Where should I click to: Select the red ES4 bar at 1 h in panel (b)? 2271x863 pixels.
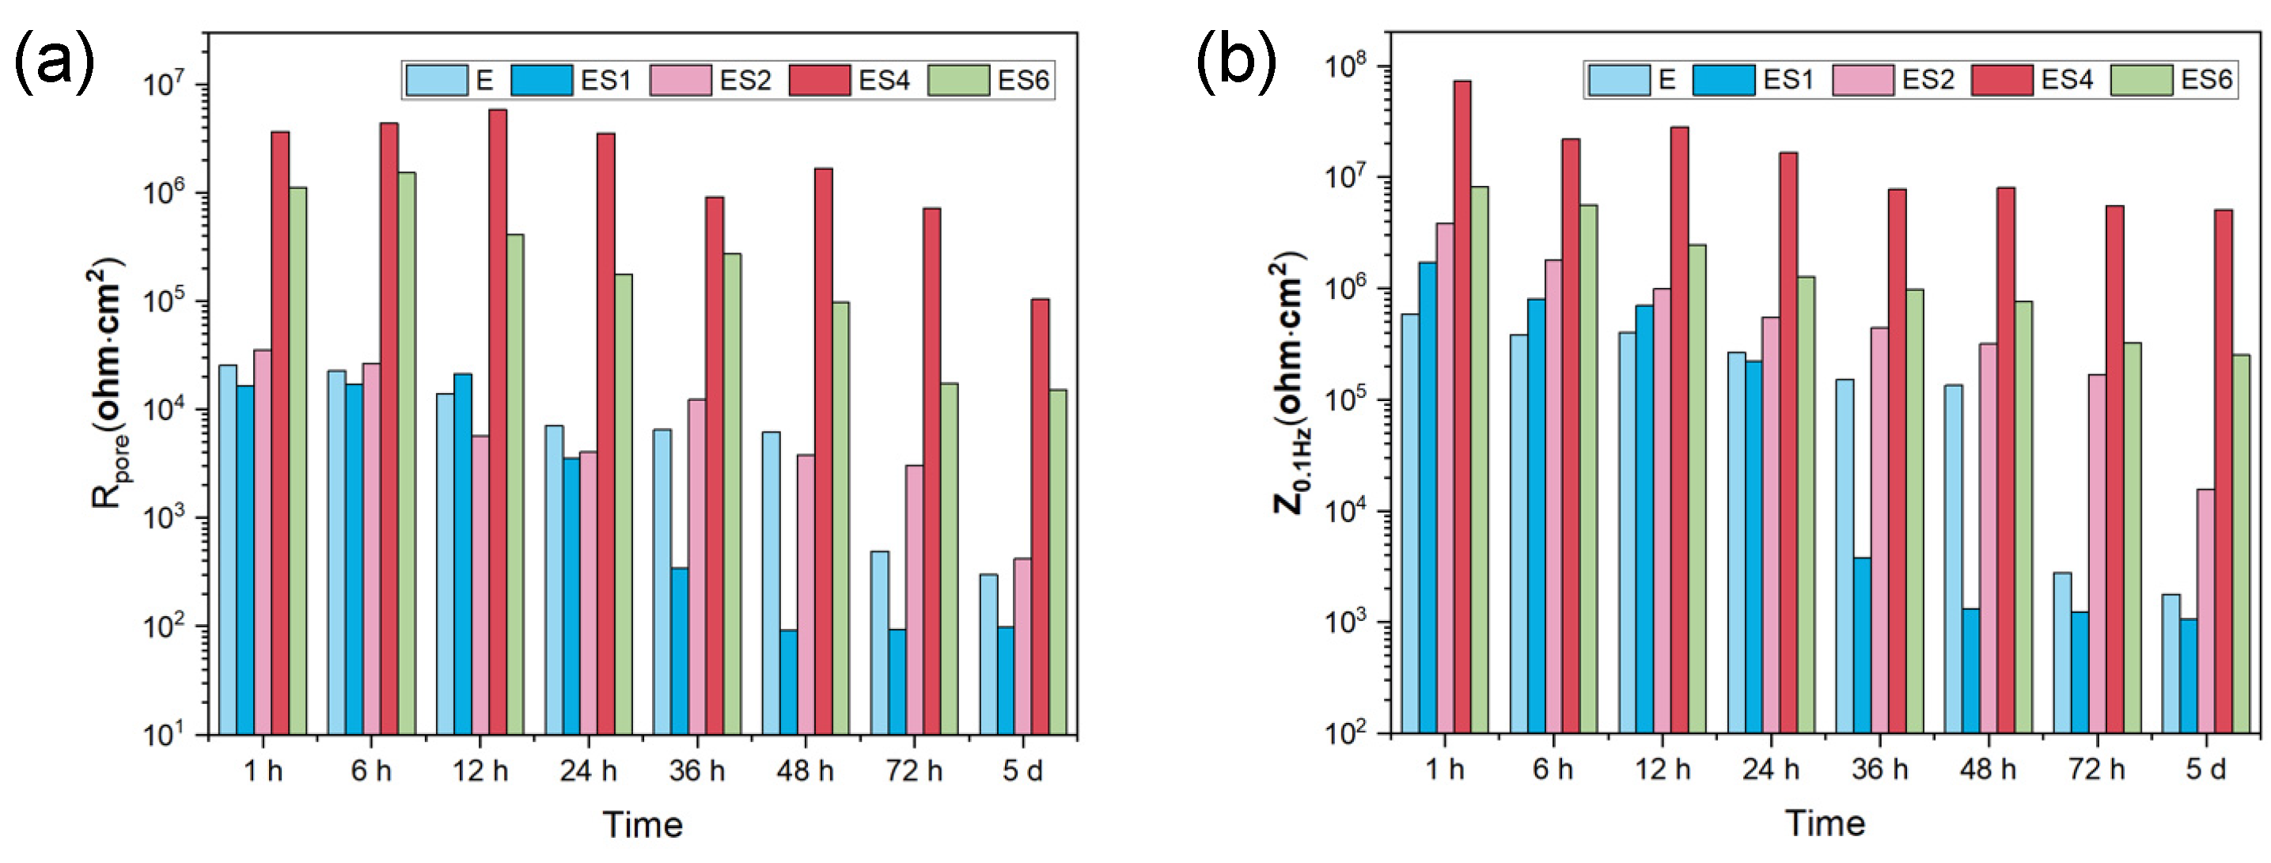tap(1462, 407)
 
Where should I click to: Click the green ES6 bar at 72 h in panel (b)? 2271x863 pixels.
tap(2133, 537)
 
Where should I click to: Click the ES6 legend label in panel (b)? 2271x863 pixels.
tap(2207, 80)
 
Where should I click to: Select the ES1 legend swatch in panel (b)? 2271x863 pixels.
tap(1724, 80)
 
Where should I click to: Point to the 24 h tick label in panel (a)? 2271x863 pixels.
tap(588, 770)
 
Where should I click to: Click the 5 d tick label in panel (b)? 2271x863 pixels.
tap(2206, 769)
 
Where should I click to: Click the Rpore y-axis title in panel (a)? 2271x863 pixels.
tap(108, 383)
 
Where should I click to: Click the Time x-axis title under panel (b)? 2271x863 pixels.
tap(1825, 823)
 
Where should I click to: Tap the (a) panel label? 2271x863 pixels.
tap(54, 60)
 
